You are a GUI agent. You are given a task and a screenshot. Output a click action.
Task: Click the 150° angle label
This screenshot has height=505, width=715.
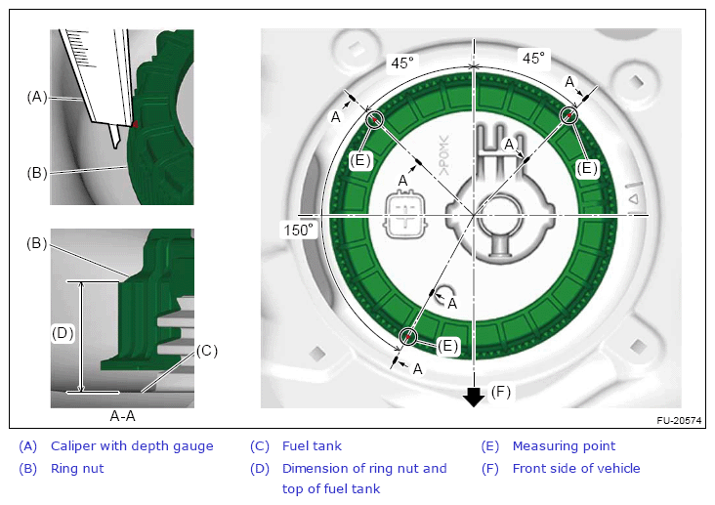(x=299, y=230)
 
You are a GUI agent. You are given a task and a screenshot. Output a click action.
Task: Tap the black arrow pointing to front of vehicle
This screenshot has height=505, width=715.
(x=474, y=396)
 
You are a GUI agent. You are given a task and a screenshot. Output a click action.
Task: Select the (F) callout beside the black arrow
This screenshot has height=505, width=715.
(x=500, y=392)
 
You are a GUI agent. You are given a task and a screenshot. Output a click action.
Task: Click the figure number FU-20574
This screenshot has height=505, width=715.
(x=679, y=421)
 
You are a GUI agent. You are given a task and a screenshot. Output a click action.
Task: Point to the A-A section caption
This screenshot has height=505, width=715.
(x=123, y=416)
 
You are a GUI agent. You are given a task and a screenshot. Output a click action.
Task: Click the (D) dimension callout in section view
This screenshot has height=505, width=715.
(x=63, y=333)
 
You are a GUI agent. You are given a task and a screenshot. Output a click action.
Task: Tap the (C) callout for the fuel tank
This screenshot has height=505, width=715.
(x=207, y=351)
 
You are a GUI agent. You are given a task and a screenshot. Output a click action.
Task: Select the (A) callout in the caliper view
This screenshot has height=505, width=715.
(x=37, y=97)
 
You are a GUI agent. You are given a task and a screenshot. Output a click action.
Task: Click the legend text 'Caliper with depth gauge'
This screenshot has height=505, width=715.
(x=132, y=446)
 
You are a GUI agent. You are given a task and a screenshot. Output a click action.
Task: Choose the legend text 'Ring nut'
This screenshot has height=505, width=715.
(x=77, y=469)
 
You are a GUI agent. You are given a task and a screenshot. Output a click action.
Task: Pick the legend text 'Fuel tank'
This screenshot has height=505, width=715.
(x=312, y=446)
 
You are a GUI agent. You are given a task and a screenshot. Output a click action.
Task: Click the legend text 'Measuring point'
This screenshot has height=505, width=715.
(x=564, y=446)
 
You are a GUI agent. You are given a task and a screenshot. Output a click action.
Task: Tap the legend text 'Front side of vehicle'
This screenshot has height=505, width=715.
(x=576, y=469)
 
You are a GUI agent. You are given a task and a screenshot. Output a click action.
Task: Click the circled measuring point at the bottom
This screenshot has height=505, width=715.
(x=408, y=337)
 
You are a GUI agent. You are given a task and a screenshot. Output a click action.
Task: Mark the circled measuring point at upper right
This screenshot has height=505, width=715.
(x=568, y=115)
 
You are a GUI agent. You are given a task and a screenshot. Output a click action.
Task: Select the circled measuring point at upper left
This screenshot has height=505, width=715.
(x=374, y=119)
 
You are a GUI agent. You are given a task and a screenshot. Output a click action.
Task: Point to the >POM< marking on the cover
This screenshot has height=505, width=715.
(x=443, y=155)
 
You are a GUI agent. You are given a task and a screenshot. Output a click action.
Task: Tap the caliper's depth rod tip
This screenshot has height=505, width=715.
(x=116, y=146)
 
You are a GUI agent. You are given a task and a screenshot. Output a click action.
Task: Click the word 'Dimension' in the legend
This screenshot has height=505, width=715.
(x=313, y=469)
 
